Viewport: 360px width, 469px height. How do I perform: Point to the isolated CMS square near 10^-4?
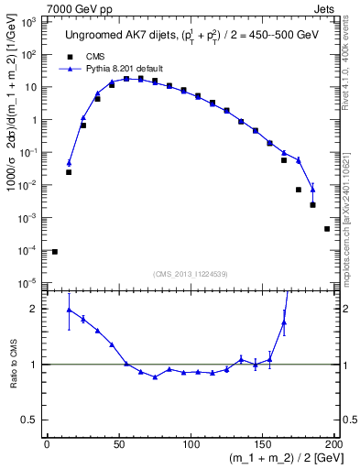(55, 252)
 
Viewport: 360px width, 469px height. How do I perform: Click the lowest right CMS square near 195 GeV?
(327, 229)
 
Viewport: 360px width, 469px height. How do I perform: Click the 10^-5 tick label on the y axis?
(28, 282)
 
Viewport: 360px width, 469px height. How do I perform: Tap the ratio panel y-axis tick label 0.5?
(30, 421)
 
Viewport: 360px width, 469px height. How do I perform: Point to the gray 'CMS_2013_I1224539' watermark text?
(191, 274)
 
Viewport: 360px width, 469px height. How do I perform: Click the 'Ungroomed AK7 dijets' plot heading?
(128, 36)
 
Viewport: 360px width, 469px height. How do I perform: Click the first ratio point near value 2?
(69, 310)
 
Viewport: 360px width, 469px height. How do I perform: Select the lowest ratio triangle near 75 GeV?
(155, 377)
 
